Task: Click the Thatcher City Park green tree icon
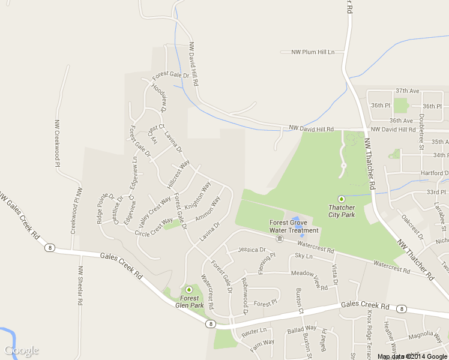(x=342, y=199)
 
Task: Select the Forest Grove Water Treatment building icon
(x=280, y=239)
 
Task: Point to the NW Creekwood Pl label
(x=58, y=140)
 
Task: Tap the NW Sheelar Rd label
(x=80, y=287)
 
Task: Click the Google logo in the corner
(x=21, y=350)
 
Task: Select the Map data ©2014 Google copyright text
(x=412, y=356)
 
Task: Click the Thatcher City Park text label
(x=342, y=211)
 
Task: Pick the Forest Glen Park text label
(x=190, y=301)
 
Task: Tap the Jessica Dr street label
(x=252, y=250)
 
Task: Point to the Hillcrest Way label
(x=179, y=174)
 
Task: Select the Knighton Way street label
(x=197, y=195)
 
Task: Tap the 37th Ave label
(x=406, y=91)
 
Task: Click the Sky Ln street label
(x=304, y=256)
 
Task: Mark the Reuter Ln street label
(x=254, y=330)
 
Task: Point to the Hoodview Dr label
(x=158, y=98)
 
